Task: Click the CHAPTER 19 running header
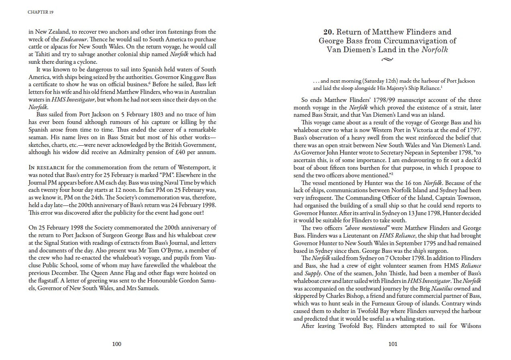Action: pyautogui.click(x=41, y=12)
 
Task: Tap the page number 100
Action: pyautogui.click(x=117, y=344)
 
